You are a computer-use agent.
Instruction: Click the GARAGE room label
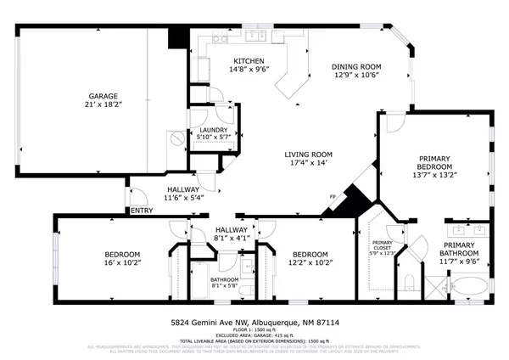coord(100,96)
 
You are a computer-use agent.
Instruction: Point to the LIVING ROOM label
coord(308,155)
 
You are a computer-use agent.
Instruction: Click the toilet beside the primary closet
coord(408,284)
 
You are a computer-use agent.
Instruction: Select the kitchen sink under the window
coord(253,37)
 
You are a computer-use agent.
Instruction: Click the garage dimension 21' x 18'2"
coord(100,105)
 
